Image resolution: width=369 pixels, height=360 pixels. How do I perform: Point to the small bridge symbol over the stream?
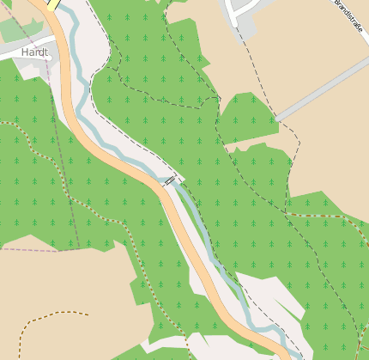point(171,180)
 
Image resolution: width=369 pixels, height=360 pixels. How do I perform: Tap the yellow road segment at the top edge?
point(52,4)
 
